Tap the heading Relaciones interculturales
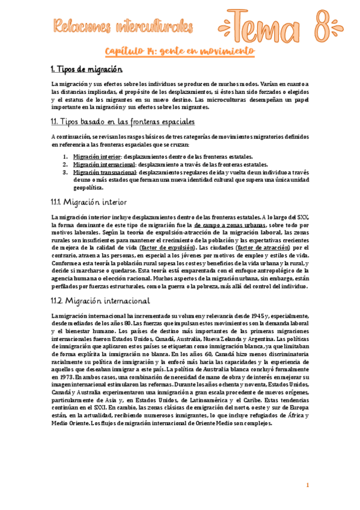(x=123, y=26)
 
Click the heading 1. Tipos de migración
(x=87, y=70)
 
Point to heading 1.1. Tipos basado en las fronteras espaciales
(x=123, y=122)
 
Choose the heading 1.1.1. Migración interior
(x=88, y=201)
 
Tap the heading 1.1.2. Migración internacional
(x=100, y=300)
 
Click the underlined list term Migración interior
(x=93, y=156)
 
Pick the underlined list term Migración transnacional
(x=104, y=172)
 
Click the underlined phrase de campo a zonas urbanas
(x=230, y=224)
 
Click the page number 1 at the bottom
(x=308, y=486)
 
